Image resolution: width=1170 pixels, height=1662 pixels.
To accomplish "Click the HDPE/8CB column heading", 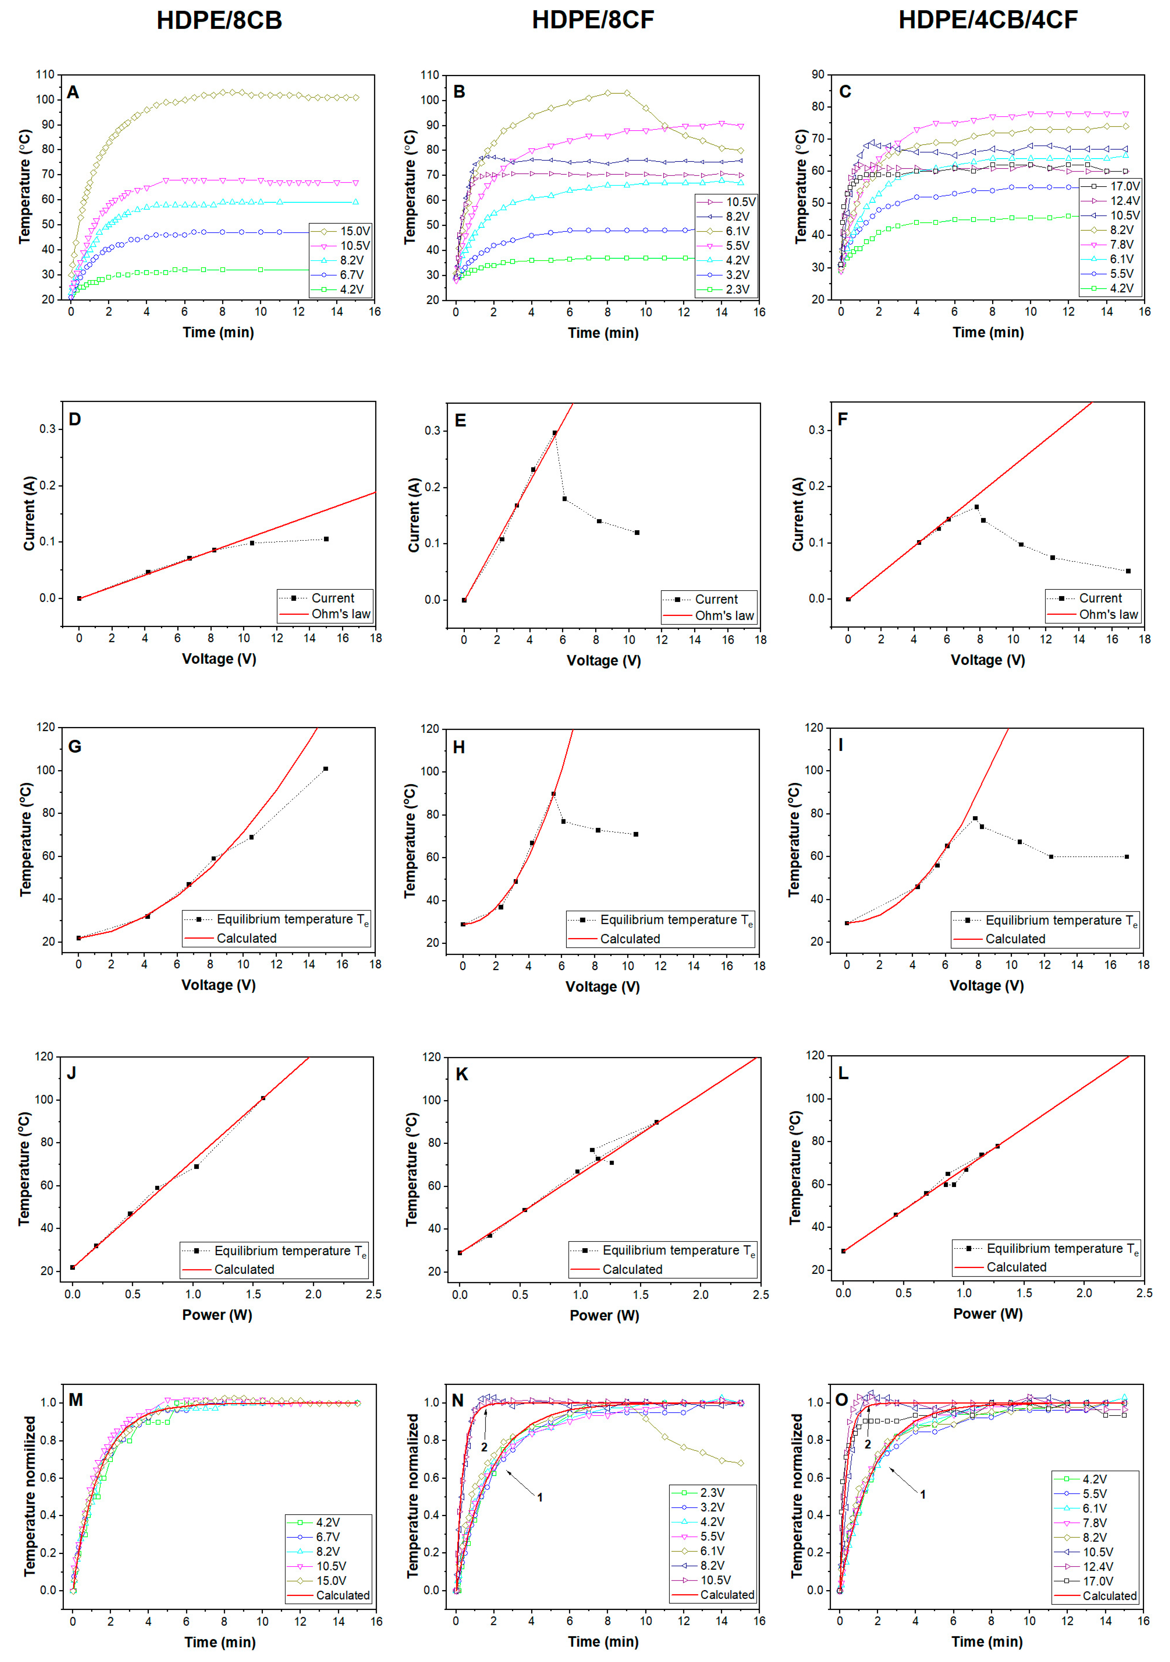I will (219, 20).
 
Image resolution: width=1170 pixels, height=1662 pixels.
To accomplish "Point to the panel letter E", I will (460, 421).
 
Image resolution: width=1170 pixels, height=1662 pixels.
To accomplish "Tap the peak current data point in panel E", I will (555, 433).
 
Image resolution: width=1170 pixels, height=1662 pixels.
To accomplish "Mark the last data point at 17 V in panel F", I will (1128, 571).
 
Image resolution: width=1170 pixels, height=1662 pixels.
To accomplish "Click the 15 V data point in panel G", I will (326, 769).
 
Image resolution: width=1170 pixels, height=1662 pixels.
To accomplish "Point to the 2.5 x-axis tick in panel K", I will (760, 1294).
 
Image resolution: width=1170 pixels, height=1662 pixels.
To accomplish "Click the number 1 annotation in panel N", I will (540, 1497).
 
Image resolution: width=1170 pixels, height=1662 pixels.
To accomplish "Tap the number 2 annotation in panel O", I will (867, 1444).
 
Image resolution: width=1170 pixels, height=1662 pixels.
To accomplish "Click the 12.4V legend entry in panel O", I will (1097, 1567).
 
